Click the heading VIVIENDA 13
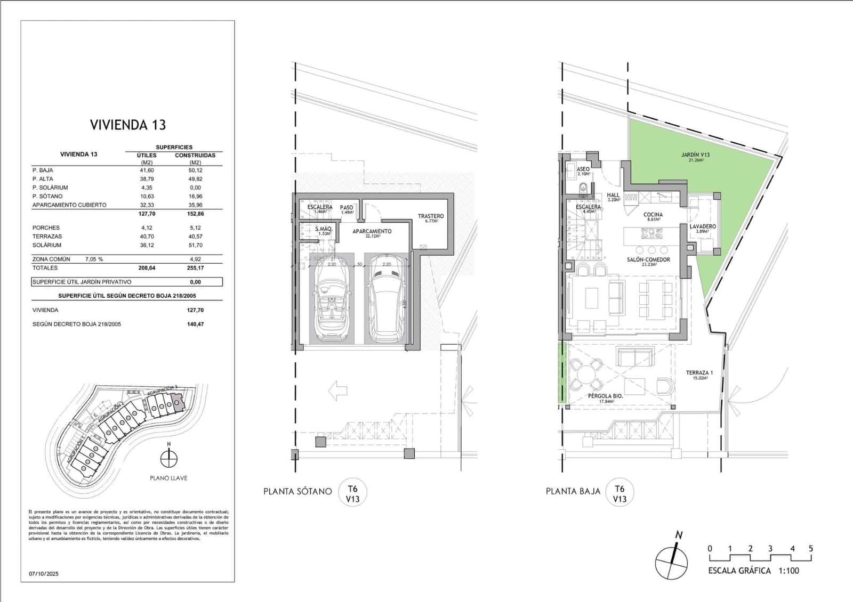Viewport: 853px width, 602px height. pos(128,125)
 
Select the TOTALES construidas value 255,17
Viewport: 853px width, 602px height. pos(195,268)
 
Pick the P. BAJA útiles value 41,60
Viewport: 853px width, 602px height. pos(147,170)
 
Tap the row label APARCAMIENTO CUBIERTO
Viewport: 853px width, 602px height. pos(69,205)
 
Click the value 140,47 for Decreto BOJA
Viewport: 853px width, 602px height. pos(195,324)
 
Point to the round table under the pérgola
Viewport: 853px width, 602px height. pos(584,373)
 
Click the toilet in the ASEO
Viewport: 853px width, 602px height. pos(584,188)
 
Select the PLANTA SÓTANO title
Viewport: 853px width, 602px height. pos(297,491)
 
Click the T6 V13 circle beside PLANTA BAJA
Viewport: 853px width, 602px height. pos(619,493)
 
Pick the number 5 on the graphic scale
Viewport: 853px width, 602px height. pos(810,549)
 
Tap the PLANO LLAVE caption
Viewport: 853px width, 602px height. pos(168,478)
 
